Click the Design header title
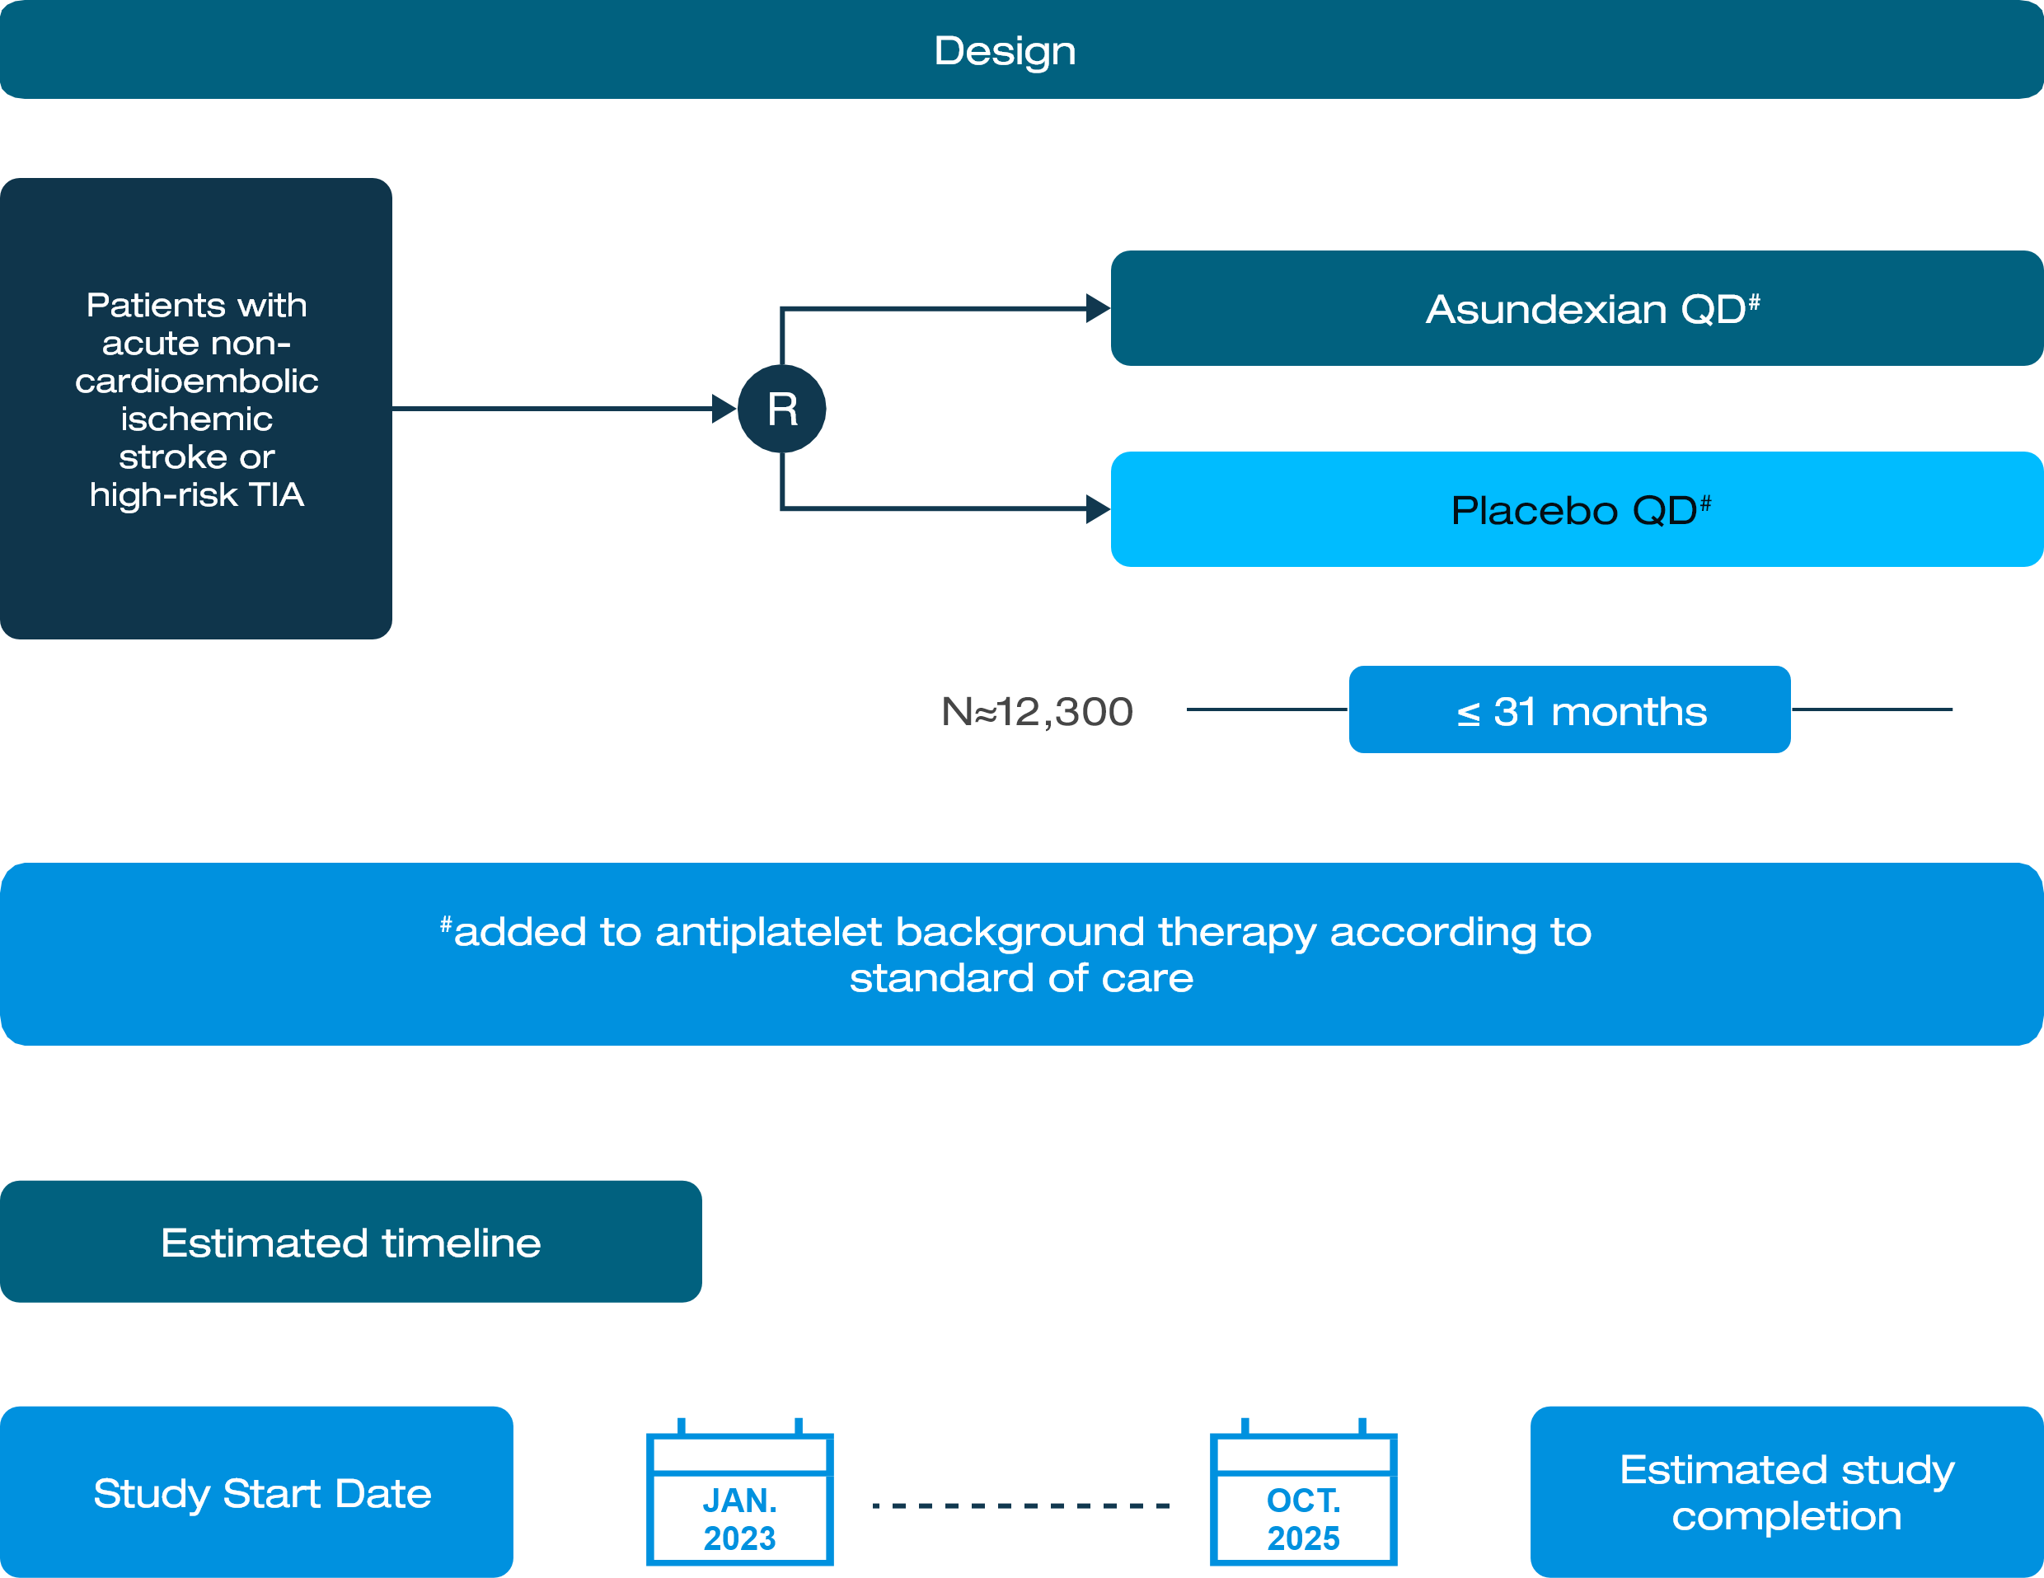1004,50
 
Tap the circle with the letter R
781,409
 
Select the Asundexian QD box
1576,308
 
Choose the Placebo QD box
1576,510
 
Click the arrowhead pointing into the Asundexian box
1098,308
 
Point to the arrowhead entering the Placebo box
1098,510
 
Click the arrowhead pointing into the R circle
724,409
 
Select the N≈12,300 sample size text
1037,711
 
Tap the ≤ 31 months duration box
1569,710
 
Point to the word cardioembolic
196,382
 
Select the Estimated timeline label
351,1243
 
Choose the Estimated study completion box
1787,1493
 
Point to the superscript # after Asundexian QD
1754,302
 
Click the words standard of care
1021,979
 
